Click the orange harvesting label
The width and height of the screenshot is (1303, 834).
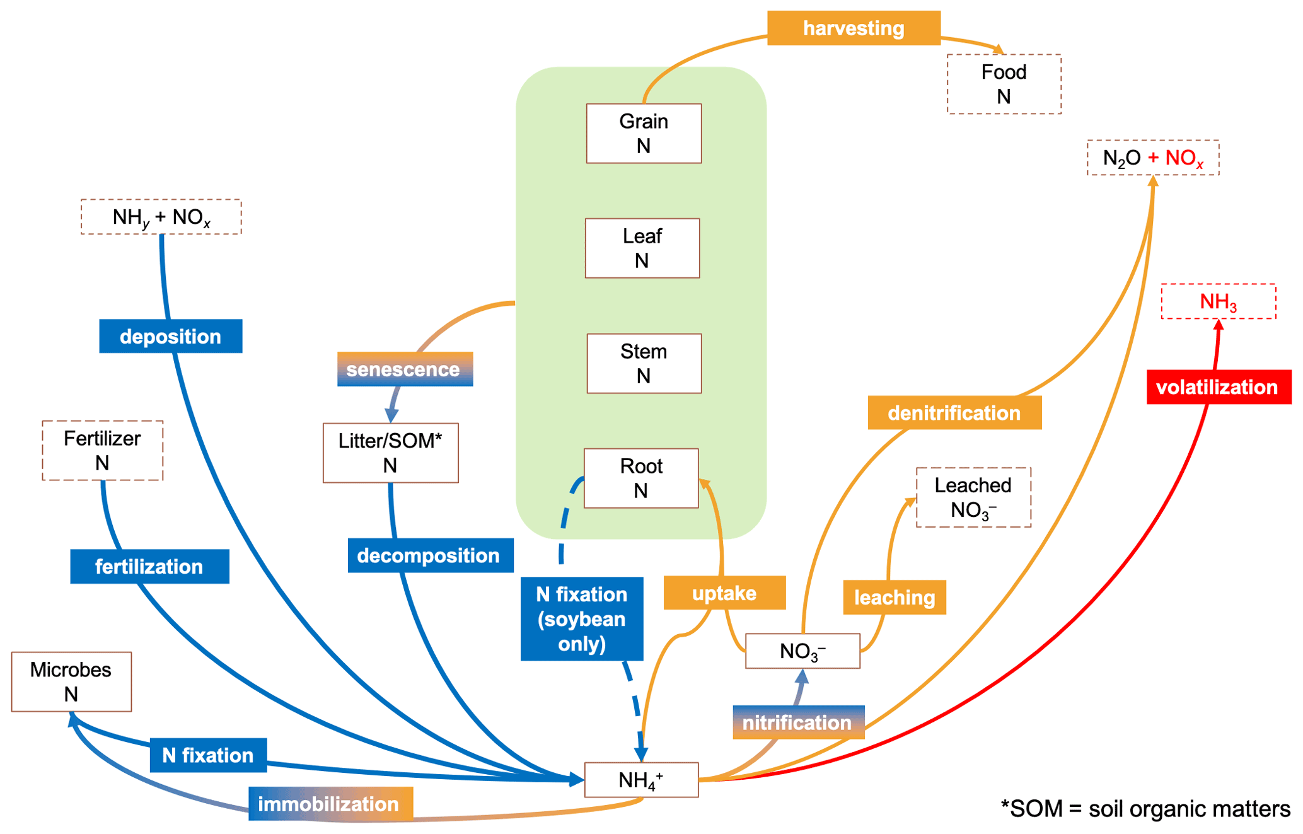(853, 28)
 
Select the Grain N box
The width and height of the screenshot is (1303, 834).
(643, 134)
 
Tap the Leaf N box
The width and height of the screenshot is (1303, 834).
(642, 248)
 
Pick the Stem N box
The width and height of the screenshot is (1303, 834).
(643, 364)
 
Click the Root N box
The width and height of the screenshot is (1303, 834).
(640, 478)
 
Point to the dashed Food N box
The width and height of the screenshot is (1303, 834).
(1004, 84)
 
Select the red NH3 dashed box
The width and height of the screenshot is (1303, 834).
(1218, 302)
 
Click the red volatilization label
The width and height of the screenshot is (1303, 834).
(1218, 387)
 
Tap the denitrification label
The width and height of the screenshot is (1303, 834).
(954, 413)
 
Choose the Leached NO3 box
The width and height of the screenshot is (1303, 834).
(973, 497)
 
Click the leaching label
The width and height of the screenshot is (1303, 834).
(894, 598)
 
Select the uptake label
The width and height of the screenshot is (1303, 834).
(724, 593)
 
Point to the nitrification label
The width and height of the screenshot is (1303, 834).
(797, 722)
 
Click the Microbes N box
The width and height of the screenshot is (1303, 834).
(71, 682)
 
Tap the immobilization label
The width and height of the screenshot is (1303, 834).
(330, 804)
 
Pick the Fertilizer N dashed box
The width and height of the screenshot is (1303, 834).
(102, 451)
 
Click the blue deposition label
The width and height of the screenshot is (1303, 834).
(170, 337)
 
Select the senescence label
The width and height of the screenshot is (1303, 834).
(404, 369)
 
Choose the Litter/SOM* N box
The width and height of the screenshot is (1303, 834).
(390, 453)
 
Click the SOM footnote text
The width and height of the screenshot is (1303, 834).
(1145, 809)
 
